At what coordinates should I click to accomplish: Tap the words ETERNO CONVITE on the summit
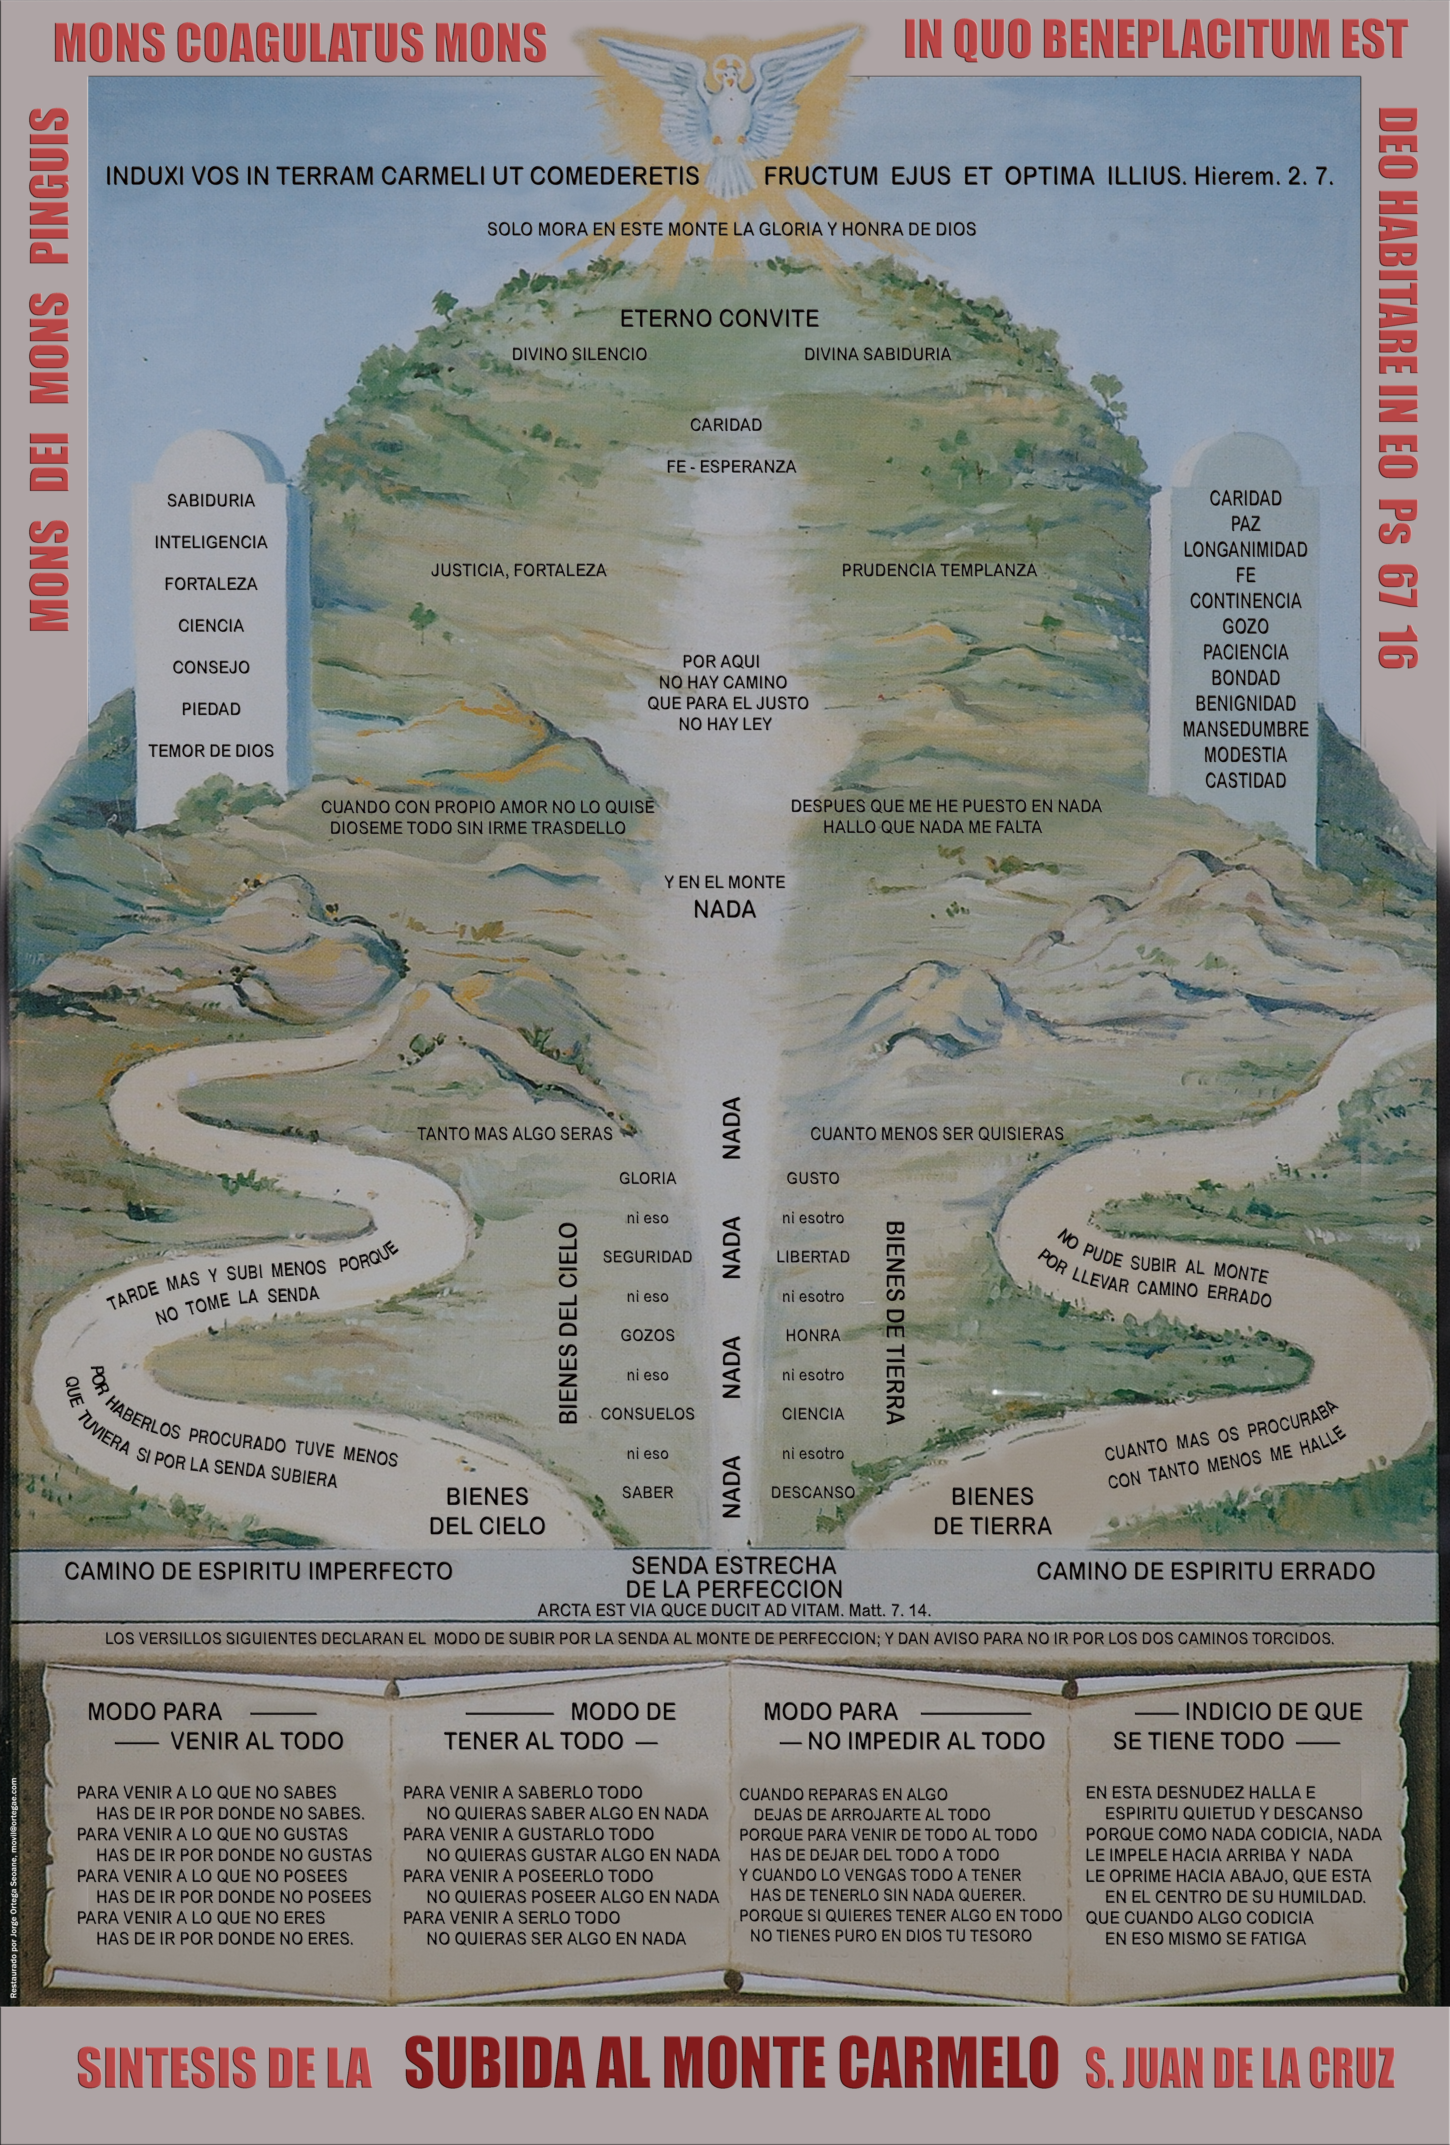pos(719,318)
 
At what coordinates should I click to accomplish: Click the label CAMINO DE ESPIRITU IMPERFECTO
pos(259,1571)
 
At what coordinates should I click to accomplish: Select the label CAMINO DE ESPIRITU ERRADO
pos(1205,1571)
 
